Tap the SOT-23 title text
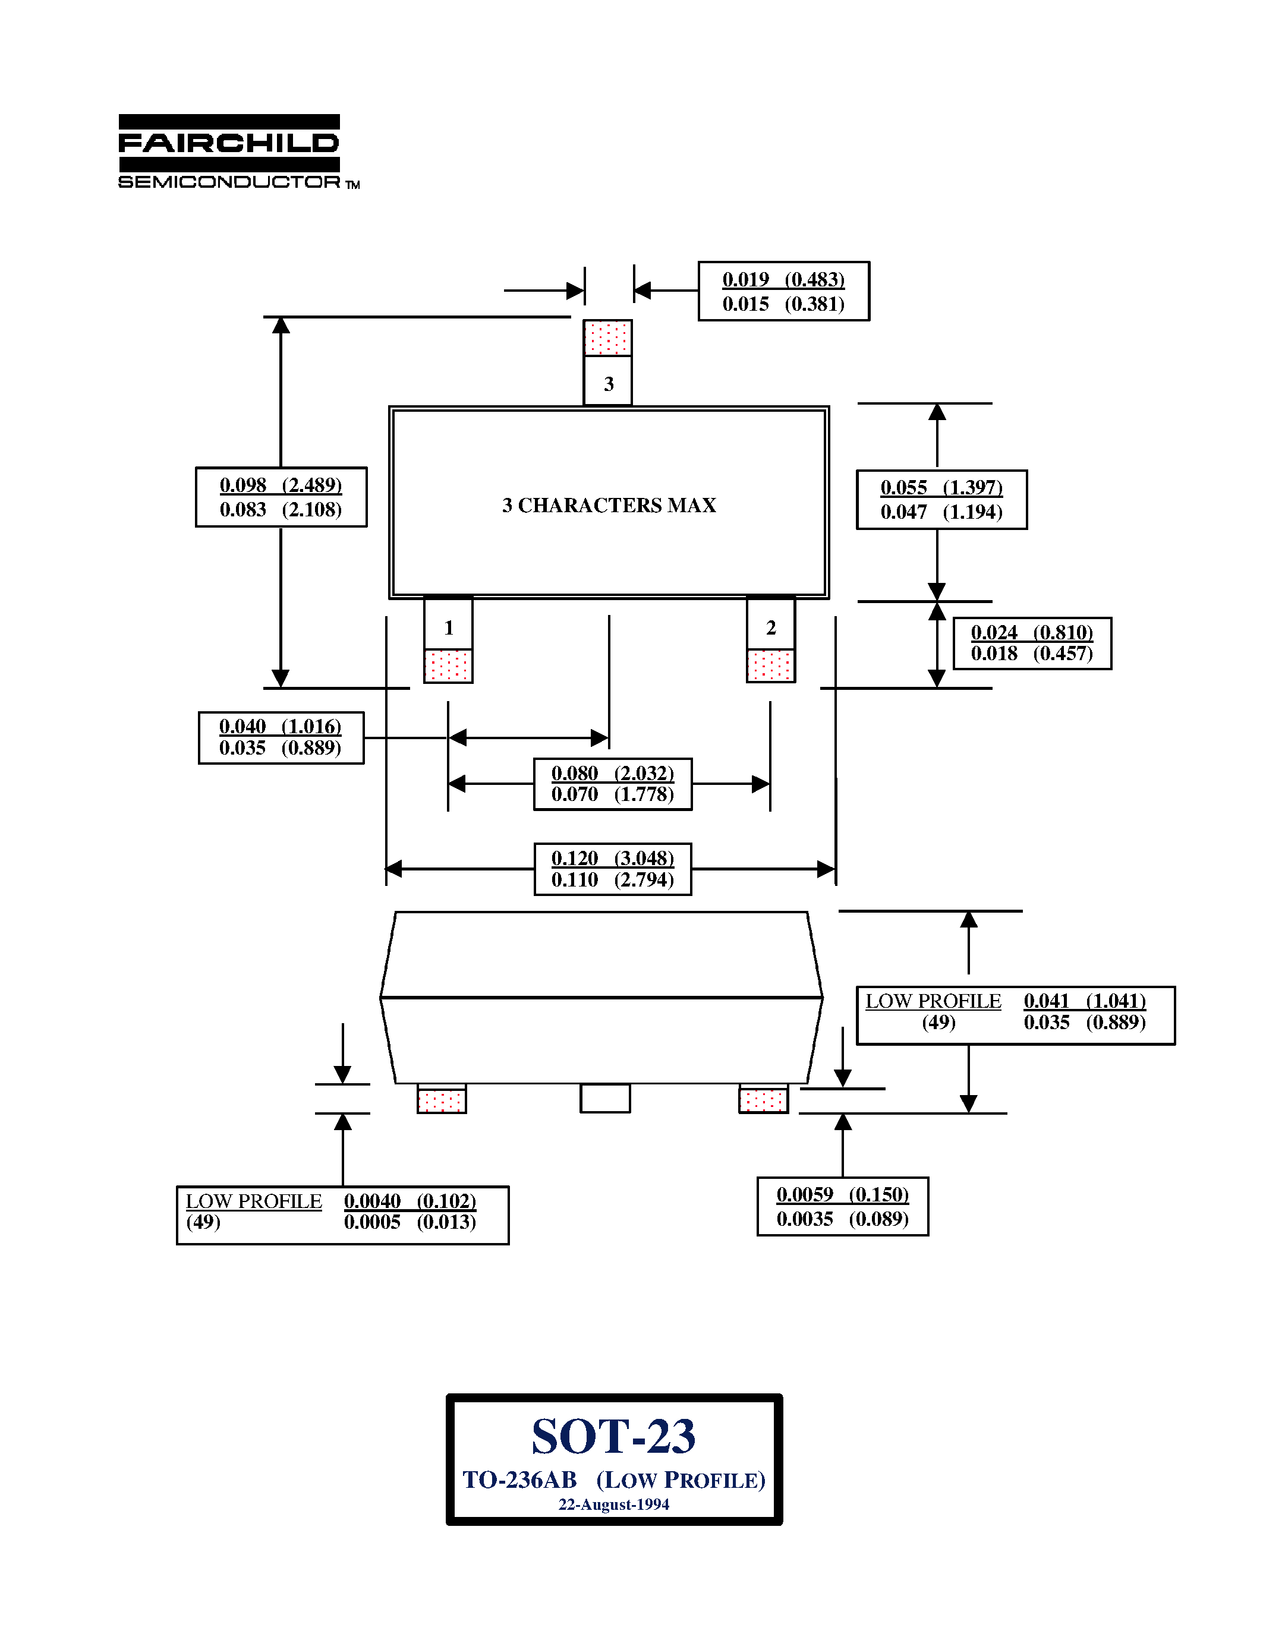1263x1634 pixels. (x=613, y=1437)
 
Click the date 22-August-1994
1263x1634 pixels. (x=613, y=1504)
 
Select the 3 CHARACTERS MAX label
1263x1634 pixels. (x=609, y=506)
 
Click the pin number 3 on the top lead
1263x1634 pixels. (x=608, y=384)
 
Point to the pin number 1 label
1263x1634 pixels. (x=449, y=627)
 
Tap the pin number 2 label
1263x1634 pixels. (x=771, y=627)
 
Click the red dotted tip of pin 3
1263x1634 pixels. (x=607, y=337)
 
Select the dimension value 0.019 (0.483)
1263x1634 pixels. (x=783, y=280)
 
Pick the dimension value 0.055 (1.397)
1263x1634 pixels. (x=941, y=488)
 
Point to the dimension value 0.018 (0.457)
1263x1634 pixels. (x=1032, y=654)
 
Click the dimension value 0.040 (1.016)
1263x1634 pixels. (x=281, y=727)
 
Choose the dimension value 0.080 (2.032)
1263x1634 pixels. (x=613, y=773)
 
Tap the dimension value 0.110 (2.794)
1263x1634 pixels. (x=613, y=880)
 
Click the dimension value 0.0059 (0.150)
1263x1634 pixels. (x=843, y=1195)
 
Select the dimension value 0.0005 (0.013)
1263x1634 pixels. (x=410, y=1222)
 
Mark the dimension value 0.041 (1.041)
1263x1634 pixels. (x=1085, y=1001)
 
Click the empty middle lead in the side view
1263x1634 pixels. (x=605, y=1098)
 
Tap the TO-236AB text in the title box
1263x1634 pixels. (x=520, y=1480)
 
